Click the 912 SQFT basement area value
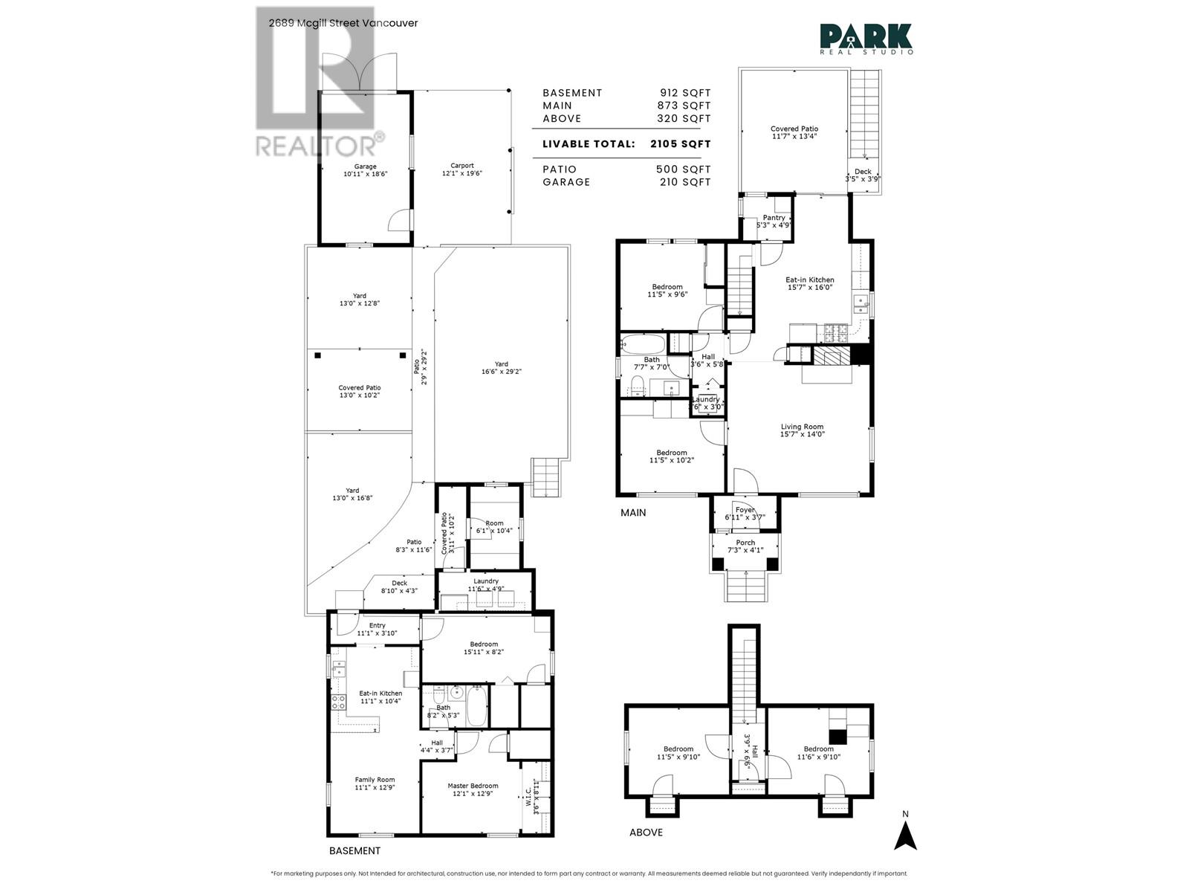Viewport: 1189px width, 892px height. point(685,93)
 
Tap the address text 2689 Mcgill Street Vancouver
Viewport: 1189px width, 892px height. point(343,23)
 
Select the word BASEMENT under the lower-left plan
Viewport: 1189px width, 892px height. point(354,851)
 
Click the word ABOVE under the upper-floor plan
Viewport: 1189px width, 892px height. point(646,832)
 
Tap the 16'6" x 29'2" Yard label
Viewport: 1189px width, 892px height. point(502,368)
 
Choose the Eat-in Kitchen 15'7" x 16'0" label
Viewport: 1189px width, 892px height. point(810,283)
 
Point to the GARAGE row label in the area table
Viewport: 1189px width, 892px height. point(566,182)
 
